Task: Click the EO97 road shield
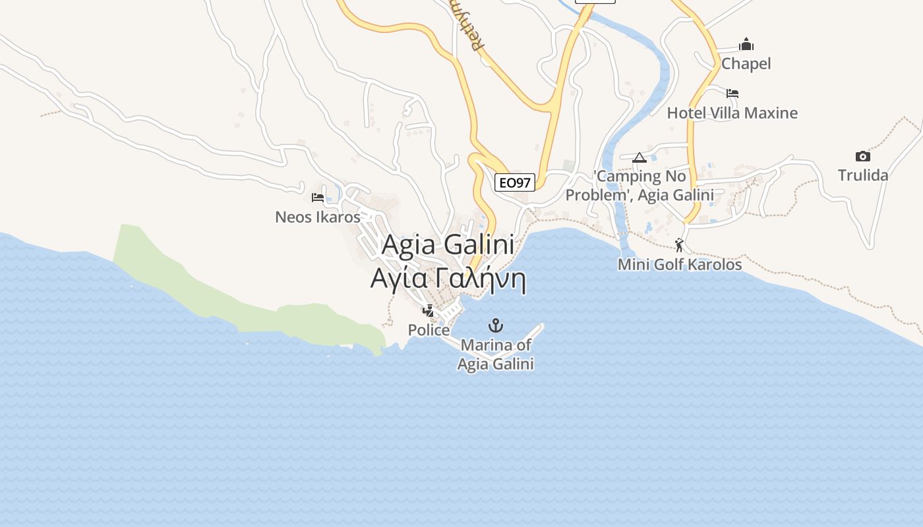514,182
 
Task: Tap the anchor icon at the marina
495,325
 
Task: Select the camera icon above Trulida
862,156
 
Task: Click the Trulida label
863,175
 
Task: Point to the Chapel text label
746,64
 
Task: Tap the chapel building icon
746,45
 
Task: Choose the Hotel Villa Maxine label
732,113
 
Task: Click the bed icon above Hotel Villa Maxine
732,94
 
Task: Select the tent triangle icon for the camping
639,158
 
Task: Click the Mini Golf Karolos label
680,265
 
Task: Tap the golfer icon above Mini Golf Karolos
679,245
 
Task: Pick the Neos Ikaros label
318,217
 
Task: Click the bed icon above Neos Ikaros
318,197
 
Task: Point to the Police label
429,330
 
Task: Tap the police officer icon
429,310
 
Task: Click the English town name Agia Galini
448,245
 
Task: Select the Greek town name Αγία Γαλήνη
448,279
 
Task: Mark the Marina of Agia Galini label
496,354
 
